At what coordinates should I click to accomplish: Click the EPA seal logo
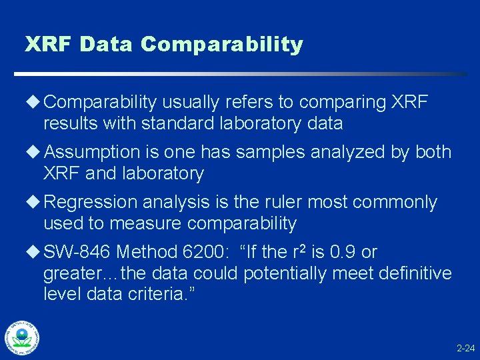coord(22,337)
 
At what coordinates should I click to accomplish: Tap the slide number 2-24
coord(465,349)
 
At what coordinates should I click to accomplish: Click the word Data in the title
coord(107,45)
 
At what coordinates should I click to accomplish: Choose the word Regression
coord(91,202)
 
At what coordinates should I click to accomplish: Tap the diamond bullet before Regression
coord(33,202)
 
